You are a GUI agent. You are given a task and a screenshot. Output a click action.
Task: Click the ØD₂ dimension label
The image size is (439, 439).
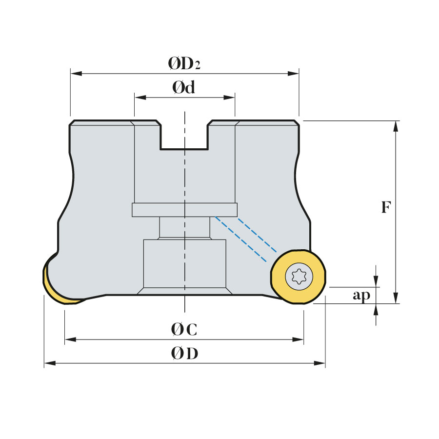(184, 63)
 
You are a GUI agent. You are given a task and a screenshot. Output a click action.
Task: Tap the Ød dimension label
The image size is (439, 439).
(184, 87)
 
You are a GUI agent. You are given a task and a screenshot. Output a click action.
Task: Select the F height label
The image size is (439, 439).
(386, 207)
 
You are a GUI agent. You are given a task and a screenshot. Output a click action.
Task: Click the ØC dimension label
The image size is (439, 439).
(184, 329)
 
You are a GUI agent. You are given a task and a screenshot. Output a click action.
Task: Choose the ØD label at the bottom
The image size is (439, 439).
(184, 353)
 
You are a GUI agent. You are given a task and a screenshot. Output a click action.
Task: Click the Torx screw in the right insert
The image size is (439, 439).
(299, 277)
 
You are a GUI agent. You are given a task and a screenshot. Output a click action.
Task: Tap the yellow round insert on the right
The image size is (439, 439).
(298, 277)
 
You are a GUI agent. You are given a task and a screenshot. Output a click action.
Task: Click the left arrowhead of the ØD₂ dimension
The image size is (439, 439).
(76, 74)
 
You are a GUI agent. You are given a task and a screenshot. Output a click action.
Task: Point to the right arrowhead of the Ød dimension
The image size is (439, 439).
(229, 98)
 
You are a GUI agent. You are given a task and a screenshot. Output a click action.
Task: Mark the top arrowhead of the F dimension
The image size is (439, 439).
(396, 126)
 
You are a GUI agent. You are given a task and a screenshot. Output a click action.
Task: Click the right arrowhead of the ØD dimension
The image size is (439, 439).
(319, 363)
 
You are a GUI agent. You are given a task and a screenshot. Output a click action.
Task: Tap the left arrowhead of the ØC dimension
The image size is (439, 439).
(71, 339)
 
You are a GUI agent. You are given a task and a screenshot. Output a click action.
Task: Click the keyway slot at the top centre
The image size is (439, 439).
(184, 136)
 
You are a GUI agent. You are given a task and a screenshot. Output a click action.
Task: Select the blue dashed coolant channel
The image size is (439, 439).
(246, 239)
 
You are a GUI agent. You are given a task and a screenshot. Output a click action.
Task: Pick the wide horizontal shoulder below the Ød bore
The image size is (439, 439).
(184, 210)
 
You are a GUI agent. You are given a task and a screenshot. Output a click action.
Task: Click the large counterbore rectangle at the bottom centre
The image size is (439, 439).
(184, 263)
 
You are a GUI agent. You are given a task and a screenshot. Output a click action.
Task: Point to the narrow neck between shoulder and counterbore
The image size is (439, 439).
(184, 227)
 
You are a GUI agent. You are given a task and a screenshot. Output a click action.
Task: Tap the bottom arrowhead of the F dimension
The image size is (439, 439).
(396, 298)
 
